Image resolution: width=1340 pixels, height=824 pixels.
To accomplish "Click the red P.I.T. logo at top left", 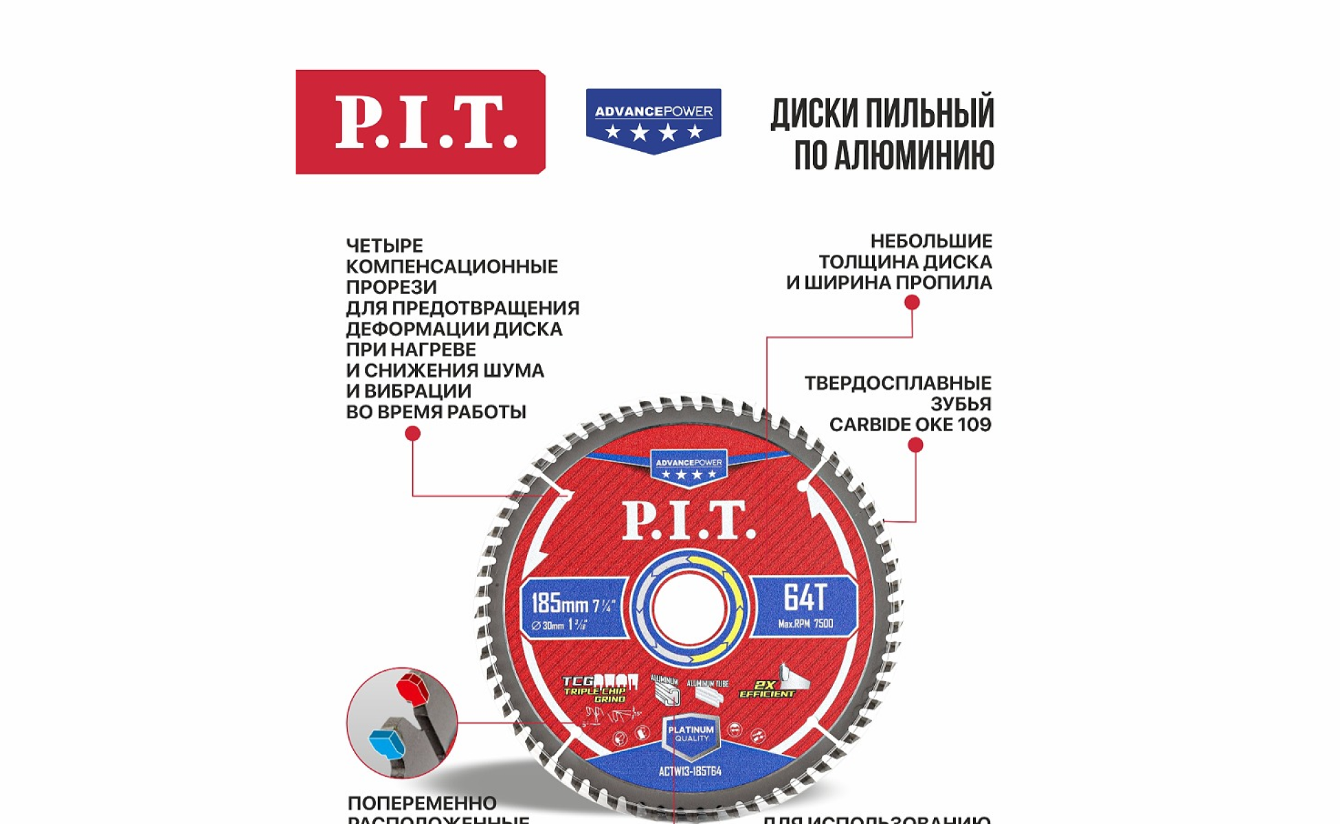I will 421,122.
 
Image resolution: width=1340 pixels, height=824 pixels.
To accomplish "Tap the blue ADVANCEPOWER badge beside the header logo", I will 654,120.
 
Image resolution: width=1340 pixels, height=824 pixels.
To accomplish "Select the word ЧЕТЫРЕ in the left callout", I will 384,245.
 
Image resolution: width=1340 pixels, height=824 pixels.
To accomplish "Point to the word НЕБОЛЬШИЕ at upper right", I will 931,241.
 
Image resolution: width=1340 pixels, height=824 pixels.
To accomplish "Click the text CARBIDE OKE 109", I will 910,424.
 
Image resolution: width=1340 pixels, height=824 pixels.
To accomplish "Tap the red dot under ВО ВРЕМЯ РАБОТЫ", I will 412,433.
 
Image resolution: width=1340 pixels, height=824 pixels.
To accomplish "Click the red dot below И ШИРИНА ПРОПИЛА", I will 912,302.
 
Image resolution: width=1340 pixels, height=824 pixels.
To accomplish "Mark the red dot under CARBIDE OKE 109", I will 915,445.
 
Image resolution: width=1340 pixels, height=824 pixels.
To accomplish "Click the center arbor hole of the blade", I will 689,608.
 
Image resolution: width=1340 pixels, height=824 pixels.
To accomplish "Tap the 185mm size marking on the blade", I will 560,604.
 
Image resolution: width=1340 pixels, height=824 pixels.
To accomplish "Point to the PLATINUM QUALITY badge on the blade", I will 691,734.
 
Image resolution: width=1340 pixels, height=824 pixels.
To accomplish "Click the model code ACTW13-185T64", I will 690,771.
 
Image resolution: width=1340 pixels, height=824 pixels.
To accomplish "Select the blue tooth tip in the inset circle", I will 387,744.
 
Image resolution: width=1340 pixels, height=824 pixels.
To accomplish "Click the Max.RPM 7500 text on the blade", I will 805,624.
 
